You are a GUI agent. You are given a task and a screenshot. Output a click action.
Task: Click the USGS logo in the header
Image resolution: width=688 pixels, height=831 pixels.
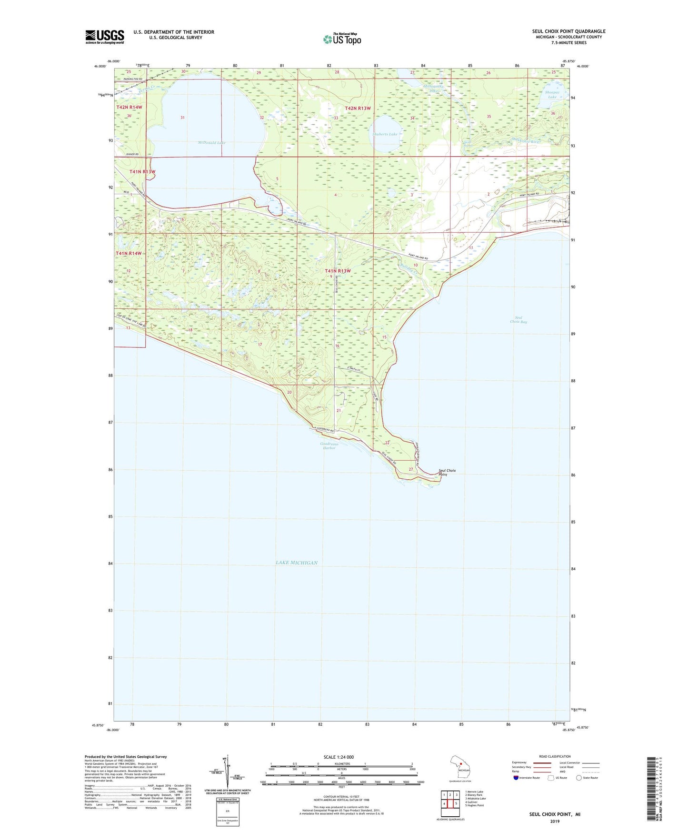[104, 37]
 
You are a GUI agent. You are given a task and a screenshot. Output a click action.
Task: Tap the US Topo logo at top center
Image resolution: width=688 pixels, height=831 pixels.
[341, 39]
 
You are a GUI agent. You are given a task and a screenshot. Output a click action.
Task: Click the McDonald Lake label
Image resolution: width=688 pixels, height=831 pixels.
[212, 143]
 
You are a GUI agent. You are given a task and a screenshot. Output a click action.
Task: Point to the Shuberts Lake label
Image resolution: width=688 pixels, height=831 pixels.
[385, 134]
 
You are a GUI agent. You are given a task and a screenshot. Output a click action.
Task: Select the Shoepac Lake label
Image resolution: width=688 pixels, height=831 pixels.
[552, 95]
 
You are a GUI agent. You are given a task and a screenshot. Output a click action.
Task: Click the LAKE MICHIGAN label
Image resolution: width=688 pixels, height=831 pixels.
[296, 563]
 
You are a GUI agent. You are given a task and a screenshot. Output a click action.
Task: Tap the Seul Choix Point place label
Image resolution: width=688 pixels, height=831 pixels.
[447, 472]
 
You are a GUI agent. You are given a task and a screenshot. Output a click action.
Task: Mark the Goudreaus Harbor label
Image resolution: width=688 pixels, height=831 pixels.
[329, 446]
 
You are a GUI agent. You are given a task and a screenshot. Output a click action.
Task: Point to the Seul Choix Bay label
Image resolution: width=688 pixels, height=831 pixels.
[518, 320]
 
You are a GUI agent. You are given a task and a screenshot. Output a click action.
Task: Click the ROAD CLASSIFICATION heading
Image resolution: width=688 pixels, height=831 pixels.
[555, 756]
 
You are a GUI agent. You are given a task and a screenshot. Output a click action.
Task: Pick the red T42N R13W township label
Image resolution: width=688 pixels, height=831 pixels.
[358, 109]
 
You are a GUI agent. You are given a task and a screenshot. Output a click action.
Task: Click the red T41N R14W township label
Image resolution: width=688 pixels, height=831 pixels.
[129, 254]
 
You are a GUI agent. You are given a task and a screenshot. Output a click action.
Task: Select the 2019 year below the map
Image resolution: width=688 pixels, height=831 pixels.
[555, 821]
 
